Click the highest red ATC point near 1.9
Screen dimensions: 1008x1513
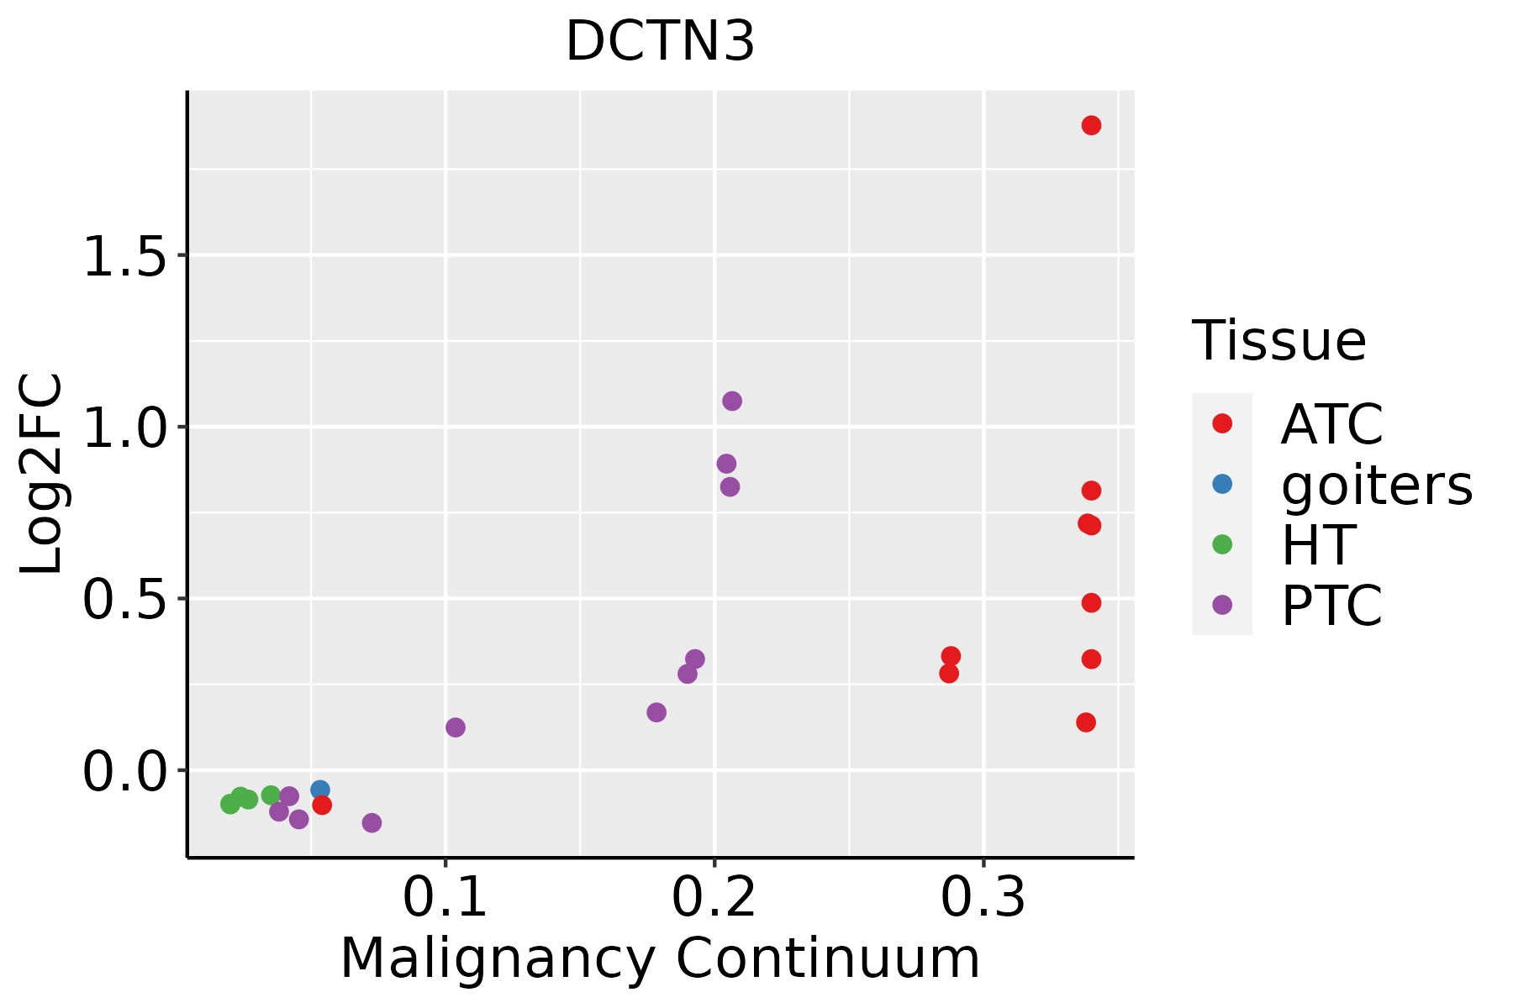coord(1091,125)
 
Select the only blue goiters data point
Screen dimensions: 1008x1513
coord(320,790)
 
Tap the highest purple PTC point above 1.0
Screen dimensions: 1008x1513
coord(732,401)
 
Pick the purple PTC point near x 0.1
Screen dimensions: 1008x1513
coord(456,727)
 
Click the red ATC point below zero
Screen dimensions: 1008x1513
coord(322,805)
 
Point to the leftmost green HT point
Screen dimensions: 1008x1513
coord(230,804)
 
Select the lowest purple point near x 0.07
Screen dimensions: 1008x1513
coord(372,822)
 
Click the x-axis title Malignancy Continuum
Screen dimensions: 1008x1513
coord(660,958)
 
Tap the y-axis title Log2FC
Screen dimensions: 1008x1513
coord(42,475)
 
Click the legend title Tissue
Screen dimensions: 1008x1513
coord(1279,341)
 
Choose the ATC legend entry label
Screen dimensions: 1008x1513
coord(1331,425)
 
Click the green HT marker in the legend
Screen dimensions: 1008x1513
coord(1222,544)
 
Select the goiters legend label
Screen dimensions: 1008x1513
coord(1377,485)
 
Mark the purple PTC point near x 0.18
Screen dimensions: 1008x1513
coord(656,712)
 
